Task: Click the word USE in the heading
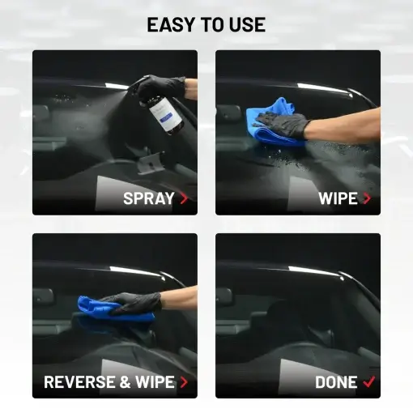[247, 24]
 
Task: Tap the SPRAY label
[148, 198]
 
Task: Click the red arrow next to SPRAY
[184, 198]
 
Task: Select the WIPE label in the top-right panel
[338, 198]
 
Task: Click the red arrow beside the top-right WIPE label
[367, 198]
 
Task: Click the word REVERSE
[79, 382]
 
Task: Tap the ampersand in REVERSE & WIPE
[125, 382]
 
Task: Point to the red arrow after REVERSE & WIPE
[184, 382]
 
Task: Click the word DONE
[336, 382]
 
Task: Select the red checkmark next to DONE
[369, 381]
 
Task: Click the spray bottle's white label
[165, 113]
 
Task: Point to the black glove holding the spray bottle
[160, 87]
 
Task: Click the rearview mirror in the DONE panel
[224, 298]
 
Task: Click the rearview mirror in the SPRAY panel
[40, 113]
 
